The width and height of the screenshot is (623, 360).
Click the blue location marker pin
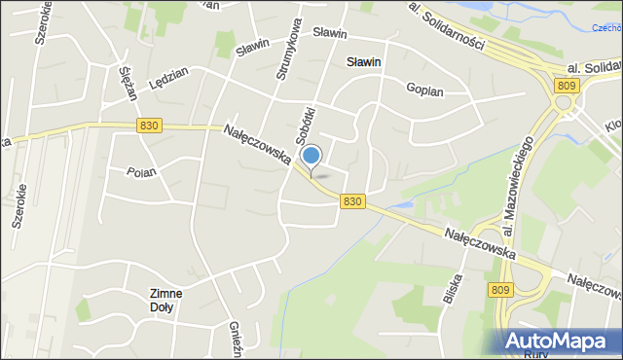coord(311,157)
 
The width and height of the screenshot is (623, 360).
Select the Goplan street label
coord(424,90)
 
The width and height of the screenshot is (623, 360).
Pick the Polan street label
coord(141,171)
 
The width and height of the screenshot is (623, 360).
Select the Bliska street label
coord(451,289)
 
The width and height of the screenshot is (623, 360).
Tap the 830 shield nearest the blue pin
coord(352,200)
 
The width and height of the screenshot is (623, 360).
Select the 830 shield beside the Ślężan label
coord(149,126)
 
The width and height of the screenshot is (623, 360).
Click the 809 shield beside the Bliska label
coord(500,289)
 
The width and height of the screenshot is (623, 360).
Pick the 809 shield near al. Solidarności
coord(564,86)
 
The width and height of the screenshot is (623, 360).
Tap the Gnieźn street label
coord(234,340)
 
